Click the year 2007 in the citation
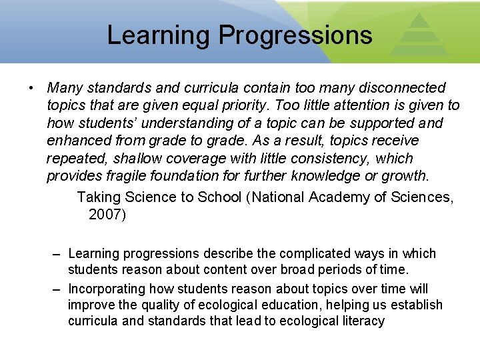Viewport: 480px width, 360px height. pyautogui.click(x=104, y=214)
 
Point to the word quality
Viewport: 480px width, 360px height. pyautogui.click(x=168, y=305)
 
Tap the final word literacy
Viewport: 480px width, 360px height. pyautogui.click(x=360, y=321)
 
